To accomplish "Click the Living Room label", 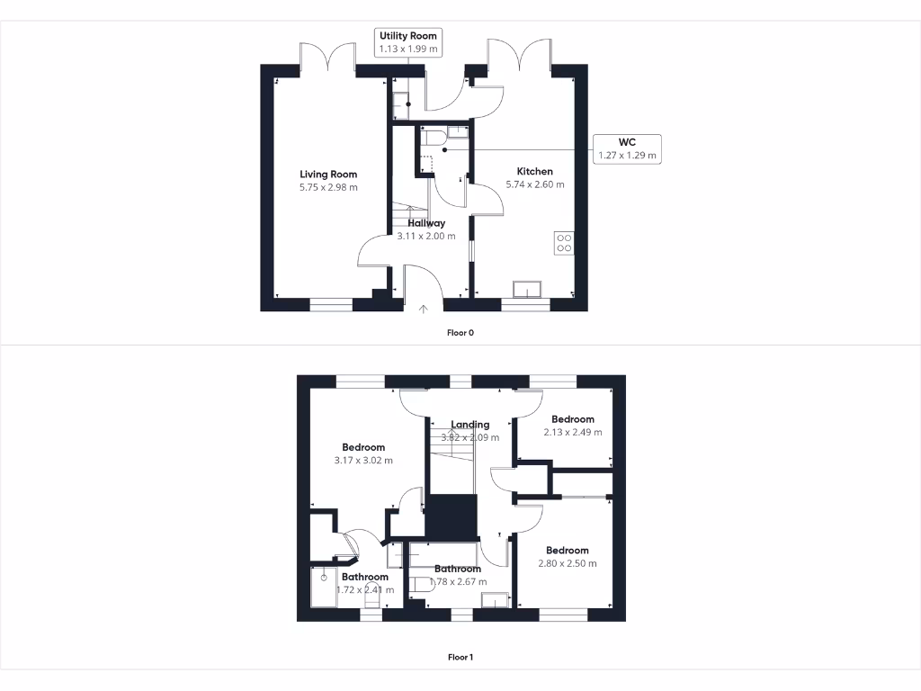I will pos(328,175).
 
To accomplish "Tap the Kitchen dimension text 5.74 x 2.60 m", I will pos(534,184).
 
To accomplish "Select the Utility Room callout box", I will pos(408,41).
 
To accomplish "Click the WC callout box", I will pos(627,148).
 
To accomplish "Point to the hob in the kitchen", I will pos(565,242).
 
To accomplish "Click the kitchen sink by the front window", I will pos(526,289).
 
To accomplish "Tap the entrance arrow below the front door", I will pos(424,310).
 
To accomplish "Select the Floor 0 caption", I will pos(460,333).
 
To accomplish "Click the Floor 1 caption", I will pos(460,658).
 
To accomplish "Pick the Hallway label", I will pos(426,223).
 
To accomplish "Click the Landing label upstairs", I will pos(470,425).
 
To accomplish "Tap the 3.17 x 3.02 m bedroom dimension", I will pos(363,461).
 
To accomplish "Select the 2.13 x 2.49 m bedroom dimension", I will pos(573,432).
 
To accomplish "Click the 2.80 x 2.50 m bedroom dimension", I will pos(568,564).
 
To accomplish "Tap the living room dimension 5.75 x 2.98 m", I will pos(328,188).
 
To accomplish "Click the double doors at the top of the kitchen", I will pos(516,57).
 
